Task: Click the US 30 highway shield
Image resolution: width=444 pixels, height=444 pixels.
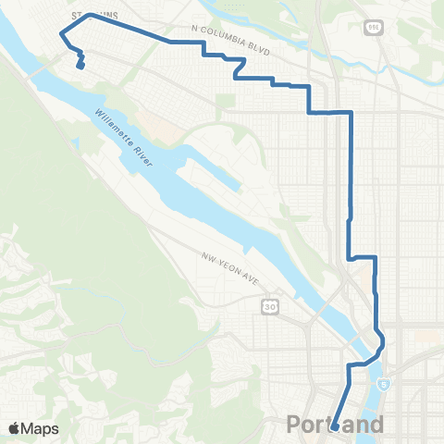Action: [267, 305]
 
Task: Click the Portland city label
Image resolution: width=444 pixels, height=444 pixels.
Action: [335, 425]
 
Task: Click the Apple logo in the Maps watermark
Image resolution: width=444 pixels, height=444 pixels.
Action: [16, 427]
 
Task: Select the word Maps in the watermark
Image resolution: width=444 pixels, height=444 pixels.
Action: [41, 428]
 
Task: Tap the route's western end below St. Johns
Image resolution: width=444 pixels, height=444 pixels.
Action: [80, 67]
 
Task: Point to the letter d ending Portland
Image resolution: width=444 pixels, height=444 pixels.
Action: [375, 425]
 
